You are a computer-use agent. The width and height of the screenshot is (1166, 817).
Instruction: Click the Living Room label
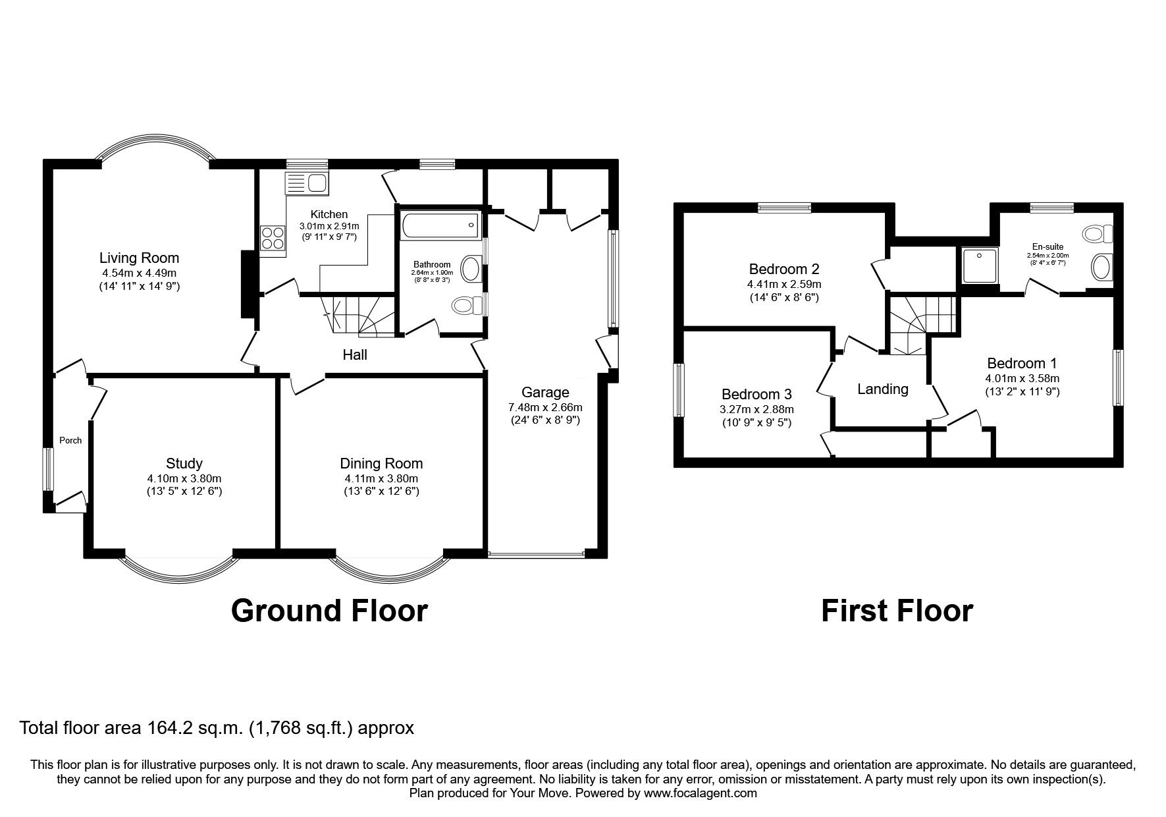(139, 258)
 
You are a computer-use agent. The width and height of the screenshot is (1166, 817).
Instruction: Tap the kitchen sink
(307, 183)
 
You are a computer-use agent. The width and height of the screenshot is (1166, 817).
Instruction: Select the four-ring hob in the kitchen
(273, 238)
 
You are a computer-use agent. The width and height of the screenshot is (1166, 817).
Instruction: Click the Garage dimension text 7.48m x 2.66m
(545, 407)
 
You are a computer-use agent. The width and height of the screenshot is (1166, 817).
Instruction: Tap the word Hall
(355, 355)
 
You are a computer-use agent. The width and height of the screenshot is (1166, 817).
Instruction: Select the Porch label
(70, 440)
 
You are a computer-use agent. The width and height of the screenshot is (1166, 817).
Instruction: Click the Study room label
(184, 463)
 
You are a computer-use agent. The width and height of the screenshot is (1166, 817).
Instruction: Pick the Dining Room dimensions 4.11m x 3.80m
(381, 478)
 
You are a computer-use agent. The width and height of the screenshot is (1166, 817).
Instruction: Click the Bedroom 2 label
(784, 269)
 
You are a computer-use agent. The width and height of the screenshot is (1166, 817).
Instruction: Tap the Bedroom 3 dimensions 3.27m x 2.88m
(756, 409)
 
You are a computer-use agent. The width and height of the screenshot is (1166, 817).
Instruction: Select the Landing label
(882, 389)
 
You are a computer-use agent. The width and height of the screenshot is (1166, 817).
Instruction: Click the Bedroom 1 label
(1022, 363)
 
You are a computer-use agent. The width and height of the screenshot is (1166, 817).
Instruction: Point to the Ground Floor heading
(329, 611)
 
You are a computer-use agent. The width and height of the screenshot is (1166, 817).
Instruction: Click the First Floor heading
(897, 611)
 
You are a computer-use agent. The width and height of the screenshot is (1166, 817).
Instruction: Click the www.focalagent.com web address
(701, 793)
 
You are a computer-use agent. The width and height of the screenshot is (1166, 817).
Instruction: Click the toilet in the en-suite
(1098, 233)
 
